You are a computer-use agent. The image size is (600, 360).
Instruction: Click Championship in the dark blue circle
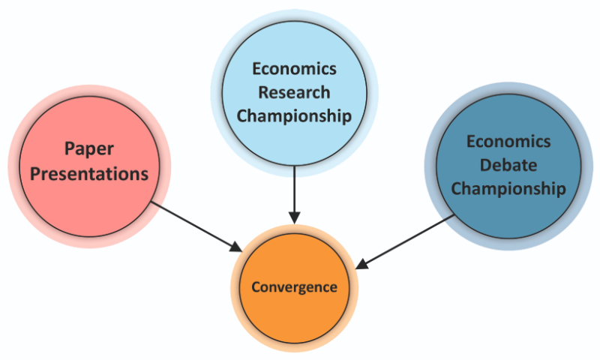(x=508, y=188)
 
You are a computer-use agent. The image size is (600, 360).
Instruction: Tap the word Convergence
(x=294, y=287)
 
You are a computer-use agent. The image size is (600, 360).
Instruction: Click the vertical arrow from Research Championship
(x=294, y=187)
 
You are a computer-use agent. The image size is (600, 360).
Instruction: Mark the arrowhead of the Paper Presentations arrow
(x=236, y=247)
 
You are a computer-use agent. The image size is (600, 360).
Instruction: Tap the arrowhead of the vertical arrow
(x=294, y=218)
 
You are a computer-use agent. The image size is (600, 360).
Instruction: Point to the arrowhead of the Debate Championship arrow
(x=361, y=264)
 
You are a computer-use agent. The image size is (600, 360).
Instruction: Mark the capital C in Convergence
(x=255, y=287)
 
